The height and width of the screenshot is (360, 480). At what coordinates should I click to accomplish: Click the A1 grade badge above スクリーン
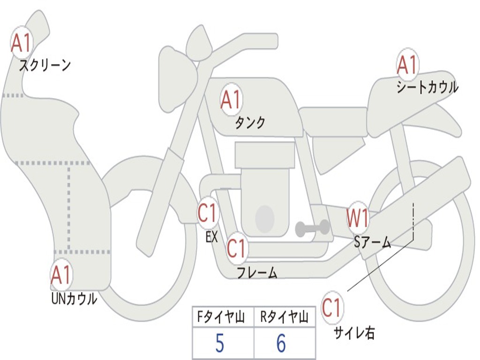(22, 43)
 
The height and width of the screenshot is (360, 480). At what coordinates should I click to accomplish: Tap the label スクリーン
(45, 65)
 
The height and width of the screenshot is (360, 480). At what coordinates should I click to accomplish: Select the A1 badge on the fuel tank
(231, 99)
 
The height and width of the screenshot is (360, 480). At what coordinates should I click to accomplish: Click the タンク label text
(250, 122)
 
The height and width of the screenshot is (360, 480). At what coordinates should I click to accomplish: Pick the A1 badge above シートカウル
(407, 65)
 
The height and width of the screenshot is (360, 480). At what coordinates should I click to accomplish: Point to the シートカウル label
(427, 88)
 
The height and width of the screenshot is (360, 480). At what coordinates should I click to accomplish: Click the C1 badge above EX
(208, 214)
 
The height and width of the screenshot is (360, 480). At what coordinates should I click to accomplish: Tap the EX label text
(211, 237)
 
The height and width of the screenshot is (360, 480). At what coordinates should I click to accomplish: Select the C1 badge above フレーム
(237, 248)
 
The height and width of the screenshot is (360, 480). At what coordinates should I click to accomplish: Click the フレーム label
(257, 272)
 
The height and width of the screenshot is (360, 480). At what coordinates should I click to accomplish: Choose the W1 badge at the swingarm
(358, 218)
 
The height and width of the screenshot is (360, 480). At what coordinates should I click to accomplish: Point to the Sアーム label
(373, 242)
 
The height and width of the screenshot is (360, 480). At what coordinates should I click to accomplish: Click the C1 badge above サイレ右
(332, 308)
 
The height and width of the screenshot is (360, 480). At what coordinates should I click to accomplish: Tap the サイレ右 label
(354, 333)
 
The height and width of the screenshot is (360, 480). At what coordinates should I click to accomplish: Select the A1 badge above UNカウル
(61, 275)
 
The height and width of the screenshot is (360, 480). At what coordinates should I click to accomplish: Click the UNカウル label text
(74, 299)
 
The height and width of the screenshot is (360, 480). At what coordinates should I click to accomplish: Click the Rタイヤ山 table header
(284, 318)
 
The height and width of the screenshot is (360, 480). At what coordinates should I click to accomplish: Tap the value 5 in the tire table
(219, 344)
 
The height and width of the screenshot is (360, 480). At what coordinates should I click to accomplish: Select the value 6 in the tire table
(281, 344)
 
